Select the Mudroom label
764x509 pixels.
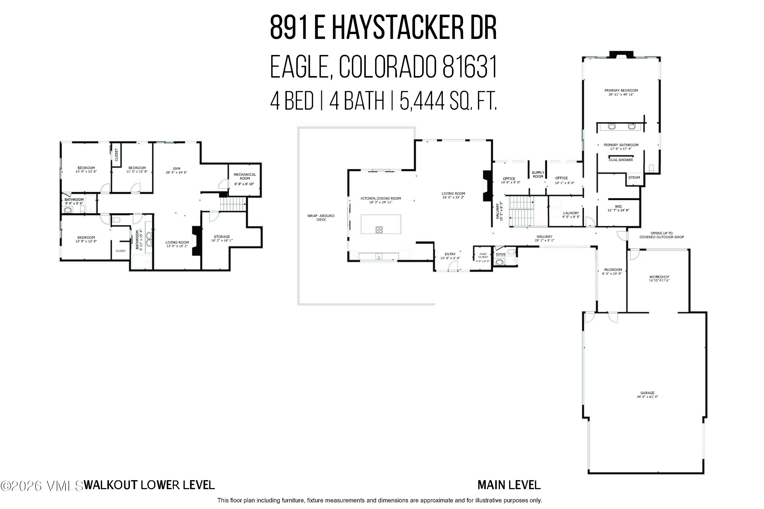pos(613,270)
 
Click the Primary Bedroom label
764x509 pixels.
pos(621,91)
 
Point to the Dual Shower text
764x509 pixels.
pos(620,160)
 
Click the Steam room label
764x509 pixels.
pos(634,177)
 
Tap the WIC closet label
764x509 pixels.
pos(618,207)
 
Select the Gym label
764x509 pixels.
pos(176,169)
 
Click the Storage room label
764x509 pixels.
pos(222,237)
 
